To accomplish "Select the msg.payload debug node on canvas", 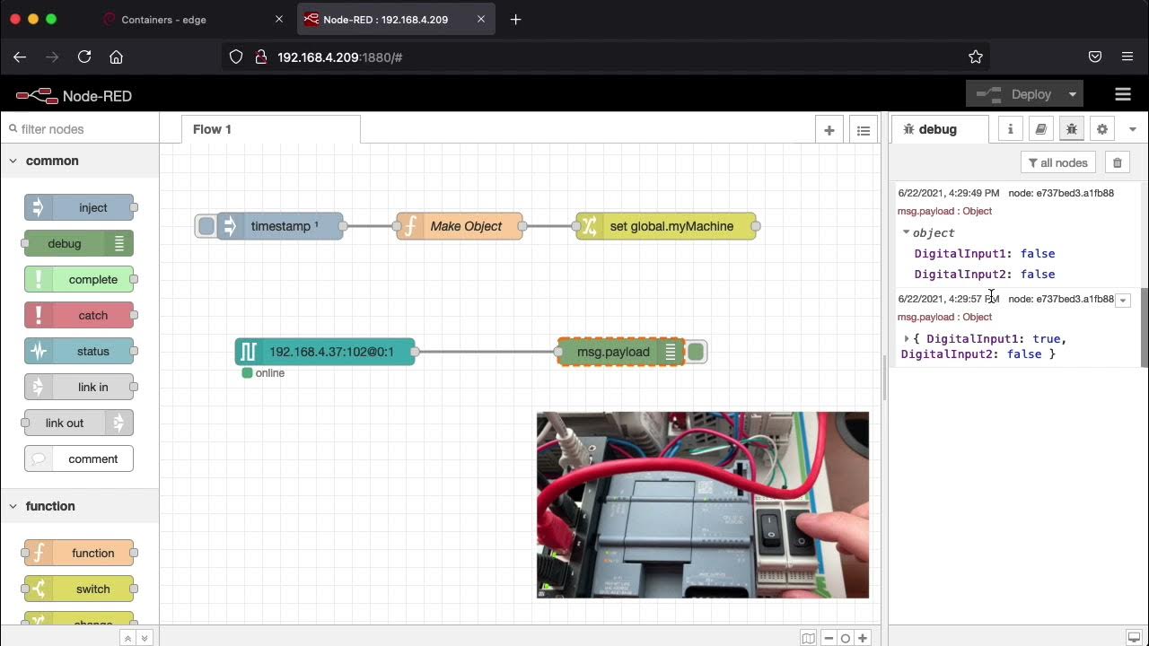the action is tap(614, 352).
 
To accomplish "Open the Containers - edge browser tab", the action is tap(163, 20).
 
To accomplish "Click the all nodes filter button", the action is tap(1058, 162).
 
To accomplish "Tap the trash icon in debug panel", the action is tap(1118, 162).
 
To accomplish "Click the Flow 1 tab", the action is tap(212, 129).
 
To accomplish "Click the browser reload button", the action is tap(84, 57).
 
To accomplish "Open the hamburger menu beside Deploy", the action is tap(1122, 94).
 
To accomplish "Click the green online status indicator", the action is tap(248, 373).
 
